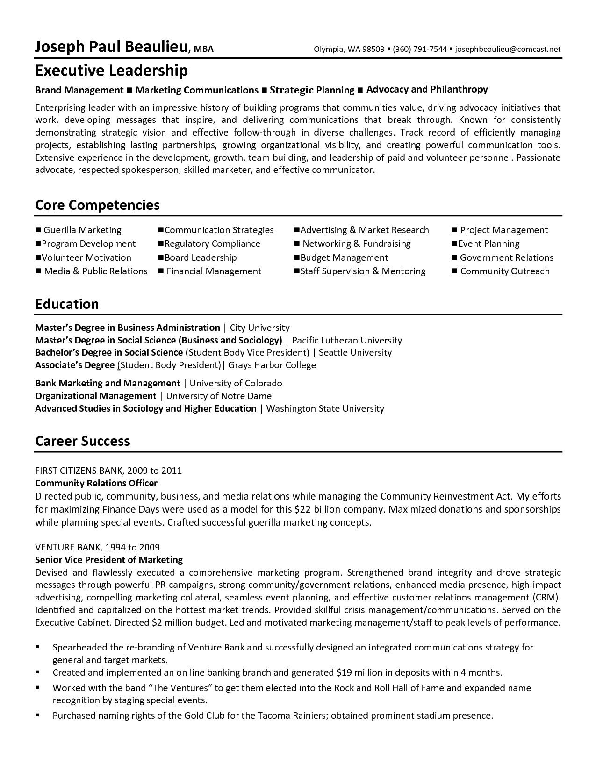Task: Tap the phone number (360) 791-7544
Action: click(420, 49)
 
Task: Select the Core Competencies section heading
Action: click(97, 205)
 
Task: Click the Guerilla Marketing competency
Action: click(82, 230)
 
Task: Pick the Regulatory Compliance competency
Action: click(212, 243)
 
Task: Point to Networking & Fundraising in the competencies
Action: click(356, 243)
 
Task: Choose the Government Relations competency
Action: click(506, 257)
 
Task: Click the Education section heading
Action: click(67, 304)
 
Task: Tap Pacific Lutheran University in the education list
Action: click(346, 340)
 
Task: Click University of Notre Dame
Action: click(219, 396)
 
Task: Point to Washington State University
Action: click(325, 408)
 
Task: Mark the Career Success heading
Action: click(82, 441)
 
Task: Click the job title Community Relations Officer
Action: click(96, 483)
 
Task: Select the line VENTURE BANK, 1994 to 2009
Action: click(97, 547)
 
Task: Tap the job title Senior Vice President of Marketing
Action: click(109, 560)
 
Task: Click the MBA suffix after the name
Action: click(204, 49)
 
